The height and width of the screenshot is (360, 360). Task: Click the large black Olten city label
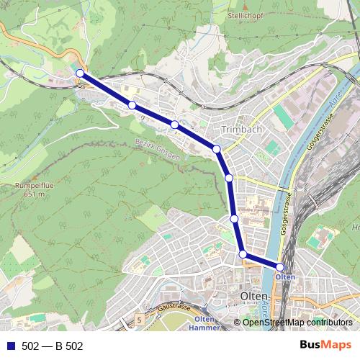click(253, 297)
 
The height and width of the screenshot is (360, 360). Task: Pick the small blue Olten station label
click(285, 276)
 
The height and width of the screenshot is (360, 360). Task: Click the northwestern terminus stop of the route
click(80, 73)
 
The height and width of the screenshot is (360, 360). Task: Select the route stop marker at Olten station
click(280, 267)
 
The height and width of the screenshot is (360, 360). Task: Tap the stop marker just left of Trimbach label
click(216, 149)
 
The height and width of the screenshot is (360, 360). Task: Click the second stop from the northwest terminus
click(132, 105)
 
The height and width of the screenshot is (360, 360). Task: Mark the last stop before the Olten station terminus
click(243, 253)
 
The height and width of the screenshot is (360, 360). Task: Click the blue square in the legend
click(9, 346)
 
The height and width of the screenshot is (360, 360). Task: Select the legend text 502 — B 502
click(53, 346)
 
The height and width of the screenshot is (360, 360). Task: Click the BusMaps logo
click(325, 346)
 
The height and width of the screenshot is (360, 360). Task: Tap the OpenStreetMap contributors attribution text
click(297, 322)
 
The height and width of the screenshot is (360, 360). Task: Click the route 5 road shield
click(139, 318)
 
